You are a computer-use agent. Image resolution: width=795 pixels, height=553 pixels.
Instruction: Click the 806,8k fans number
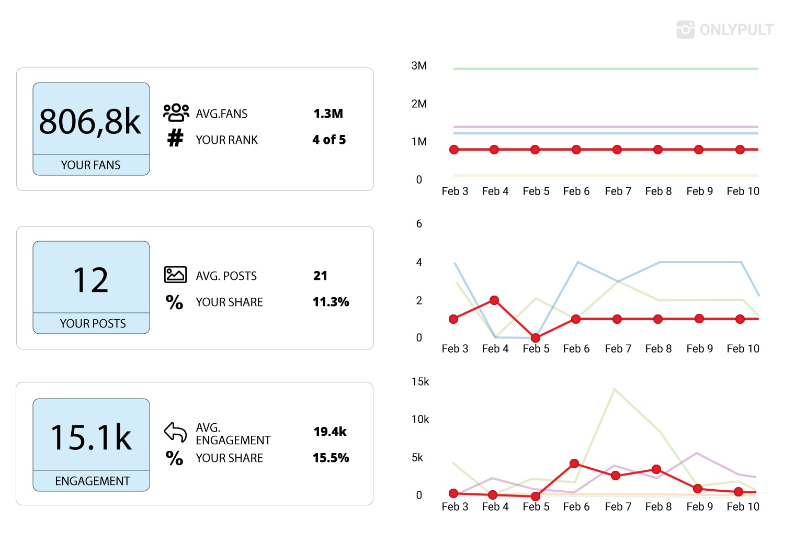tap(90, 122)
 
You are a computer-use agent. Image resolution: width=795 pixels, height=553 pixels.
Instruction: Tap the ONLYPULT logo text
tap(736, 29)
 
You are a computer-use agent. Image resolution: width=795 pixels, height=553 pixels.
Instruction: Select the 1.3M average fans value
tap(328, 114)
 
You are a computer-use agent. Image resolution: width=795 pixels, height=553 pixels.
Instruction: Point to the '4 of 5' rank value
tap(329, 140)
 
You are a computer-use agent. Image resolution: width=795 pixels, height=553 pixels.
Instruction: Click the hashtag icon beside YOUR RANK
tap(175, 138)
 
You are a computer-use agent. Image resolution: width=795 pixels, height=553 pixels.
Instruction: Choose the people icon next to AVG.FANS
tap(176, 112)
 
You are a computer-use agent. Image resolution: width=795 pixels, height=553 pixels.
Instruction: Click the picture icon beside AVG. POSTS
tap(175, 274)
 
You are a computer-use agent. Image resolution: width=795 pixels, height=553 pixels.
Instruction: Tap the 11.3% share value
tap(331, 302)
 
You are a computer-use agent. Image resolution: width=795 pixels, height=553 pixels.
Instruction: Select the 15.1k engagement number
tap(91, 437)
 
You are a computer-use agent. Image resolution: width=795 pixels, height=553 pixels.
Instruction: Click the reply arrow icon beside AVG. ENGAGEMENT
tap(175, 432)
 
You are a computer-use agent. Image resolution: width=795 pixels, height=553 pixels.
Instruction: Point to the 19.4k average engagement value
tap(330, 432)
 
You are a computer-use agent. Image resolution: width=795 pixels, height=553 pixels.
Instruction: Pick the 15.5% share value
tap(331, 458)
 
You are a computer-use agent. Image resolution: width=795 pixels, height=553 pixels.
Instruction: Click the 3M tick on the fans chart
tap(419, 66)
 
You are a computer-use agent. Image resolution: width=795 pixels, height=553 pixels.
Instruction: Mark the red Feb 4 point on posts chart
tap(494, 300)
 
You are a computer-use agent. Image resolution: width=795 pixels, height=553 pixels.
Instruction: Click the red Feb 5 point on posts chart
tap(535, 338)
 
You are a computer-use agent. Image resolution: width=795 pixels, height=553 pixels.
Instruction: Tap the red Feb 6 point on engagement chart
tap(575, 464)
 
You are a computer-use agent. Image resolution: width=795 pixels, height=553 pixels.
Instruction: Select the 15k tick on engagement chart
tap(420, 381)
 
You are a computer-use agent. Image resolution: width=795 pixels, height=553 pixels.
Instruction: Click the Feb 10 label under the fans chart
tap(743, 191)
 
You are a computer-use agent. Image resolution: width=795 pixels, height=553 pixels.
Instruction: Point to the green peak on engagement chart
tap(615, 389)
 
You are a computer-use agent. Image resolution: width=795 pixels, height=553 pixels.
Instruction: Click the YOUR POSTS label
tap(93, 323)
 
